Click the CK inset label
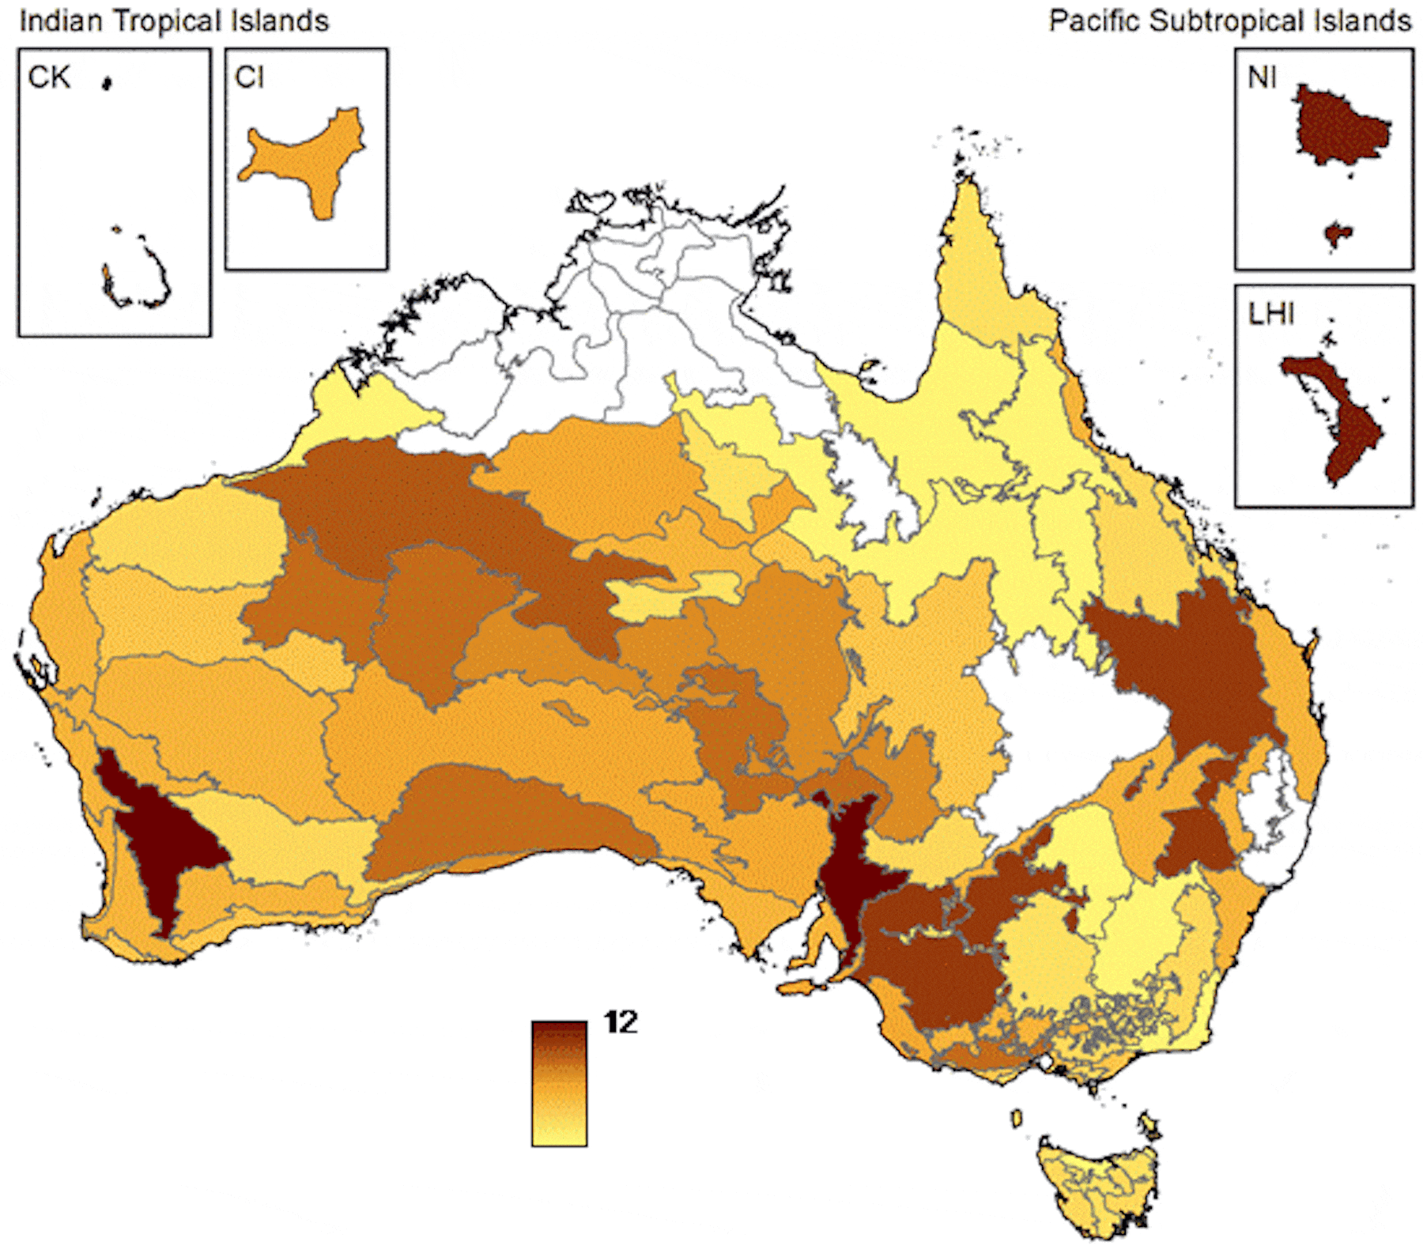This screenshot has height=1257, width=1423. point(48,77)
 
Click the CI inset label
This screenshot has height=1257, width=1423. point(249,77)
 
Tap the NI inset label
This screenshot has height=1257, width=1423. point(1262,77)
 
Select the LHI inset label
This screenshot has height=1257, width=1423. point(1270,314)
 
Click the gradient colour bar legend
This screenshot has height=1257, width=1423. point(559,1083)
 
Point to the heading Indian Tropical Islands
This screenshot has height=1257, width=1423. point(174,21)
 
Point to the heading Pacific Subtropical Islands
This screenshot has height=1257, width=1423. point(1229,21)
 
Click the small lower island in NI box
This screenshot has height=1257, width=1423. point(1337,234)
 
